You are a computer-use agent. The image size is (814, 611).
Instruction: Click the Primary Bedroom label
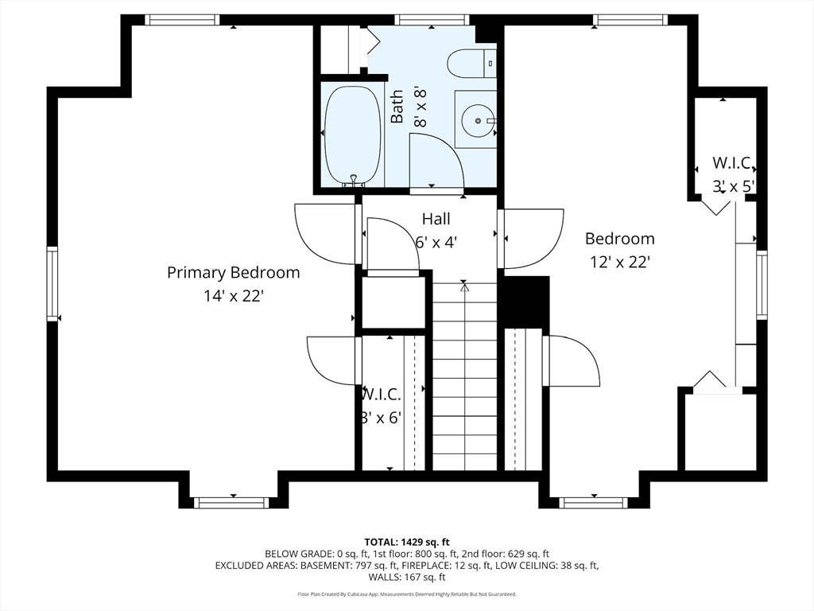pos(233,274)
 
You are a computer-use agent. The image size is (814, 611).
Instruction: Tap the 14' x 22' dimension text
pos(234,296)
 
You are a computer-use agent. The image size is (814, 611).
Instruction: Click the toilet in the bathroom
pos(471,64)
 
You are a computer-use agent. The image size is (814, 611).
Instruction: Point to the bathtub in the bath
pos(352,135)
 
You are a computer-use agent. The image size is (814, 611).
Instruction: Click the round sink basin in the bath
pos(477,120)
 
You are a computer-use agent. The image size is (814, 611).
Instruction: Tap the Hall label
pos(436,219)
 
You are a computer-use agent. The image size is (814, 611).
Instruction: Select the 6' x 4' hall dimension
pos(436,242)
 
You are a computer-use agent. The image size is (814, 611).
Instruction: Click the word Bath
pos(397,107)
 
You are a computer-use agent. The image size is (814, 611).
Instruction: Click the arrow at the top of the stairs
pos(464,286)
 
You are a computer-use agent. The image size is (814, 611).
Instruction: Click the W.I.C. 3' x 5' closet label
pos(733,174)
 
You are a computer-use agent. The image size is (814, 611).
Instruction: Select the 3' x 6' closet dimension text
pos(381,417)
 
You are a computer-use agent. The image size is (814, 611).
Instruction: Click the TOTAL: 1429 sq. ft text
pos(407,543)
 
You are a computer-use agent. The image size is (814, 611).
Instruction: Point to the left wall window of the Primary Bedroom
pos(52,284)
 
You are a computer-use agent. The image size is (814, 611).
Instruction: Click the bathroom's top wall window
pos(432,20)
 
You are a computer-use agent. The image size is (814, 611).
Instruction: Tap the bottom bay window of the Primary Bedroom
pos(231,503)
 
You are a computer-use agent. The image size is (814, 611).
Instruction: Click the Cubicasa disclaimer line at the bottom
pos(407,593)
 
